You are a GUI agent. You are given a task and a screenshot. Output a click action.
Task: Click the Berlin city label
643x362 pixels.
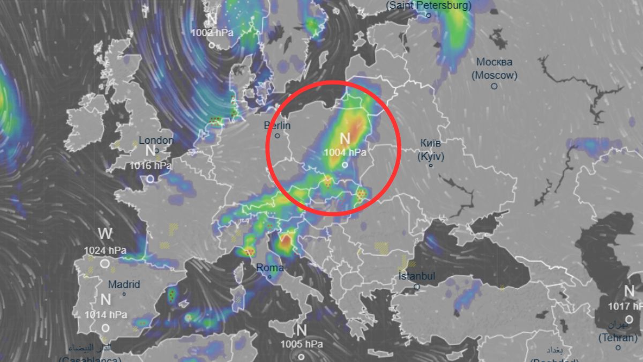[277, 125]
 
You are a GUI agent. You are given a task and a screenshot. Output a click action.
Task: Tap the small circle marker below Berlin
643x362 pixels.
[278, 136]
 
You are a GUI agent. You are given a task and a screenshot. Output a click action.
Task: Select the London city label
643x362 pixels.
[156, 140]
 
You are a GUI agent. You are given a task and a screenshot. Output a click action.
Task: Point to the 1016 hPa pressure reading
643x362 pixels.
[150, 166]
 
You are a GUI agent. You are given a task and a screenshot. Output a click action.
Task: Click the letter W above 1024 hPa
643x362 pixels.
[105, 234]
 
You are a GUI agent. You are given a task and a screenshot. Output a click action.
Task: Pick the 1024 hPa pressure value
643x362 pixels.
[105, 250]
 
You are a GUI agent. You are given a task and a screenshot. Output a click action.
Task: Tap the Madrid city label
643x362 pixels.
[124, 284]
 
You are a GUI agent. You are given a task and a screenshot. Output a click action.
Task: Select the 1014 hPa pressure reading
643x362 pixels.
[106, 314]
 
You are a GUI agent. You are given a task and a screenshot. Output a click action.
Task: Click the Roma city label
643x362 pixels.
[270, 268]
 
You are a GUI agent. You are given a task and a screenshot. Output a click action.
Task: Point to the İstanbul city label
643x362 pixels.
[417, 277]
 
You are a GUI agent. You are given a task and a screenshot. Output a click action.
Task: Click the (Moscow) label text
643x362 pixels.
[494, 75]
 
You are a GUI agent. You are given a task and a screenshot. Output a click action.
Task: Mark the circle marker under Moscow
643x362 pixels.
[494, 86]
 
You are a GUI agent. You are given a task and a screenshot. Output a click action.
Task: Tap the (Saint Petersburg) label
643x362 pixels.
[429, 5]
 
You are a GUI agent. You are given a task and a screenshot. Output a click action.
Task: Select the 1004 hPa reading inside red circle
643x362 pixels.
[345, 152]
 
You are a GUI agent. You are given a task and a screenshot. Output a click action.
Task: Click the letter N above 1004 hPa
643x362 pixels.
[345, 138]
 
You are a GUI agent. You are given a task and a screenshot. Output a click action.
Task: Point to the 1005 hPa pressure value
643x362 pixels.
[301, 344]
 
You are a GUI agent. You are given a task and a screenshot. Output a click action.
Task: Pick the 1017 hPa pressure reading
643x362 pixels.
[625, 306]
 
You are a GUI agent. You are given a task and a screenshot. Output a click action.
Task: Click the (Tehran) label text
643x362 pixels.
[618, 338]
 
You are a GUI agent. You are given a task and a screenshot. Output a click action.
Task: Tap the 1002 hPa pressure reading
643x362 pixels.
[213, 32]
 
